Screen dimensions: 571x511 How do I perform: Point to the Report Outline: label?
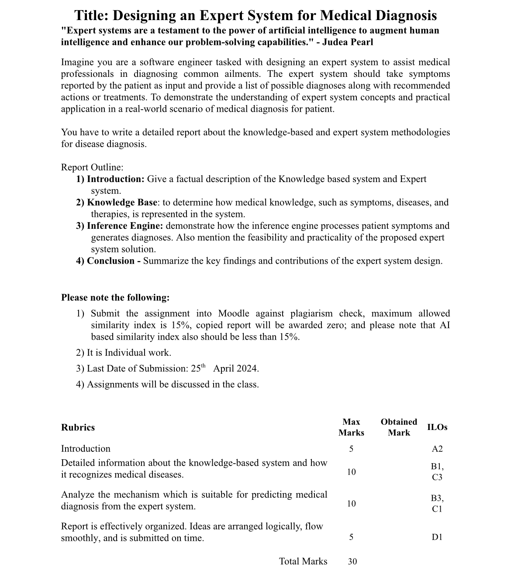(x=92, y=168)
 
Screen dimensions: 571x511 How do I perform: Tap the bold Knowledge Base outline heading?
(x=122, y=203)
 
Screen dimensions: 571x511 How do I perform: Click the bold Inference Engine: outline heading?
(x=125, y=226)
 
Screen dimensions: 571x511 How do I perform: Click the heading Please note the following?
(x=115, y=298)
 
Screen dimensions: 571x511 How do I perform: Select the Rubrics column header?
(x=78, y=427)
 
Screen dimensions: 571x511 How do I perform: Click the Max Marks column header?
(x=351, y=427)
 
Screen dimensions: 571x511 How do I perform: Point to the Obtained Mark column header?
(x=399, y=427)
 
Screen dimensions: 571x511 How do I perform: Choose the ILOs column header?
(x=437, y=427)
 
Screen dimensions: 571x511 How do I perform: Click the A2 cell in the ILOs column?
(x=437, y=449)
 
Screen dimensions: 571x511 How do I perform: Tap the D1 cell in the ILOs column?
(x=437, y=537)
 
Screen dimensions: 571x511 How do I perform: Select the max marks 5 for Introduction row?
(x=351, y=449)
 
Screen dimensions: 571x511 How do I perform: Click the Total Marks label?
(x=303, y=561)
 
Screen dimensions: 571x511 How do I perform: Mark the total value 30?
(x=352, y=562)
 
